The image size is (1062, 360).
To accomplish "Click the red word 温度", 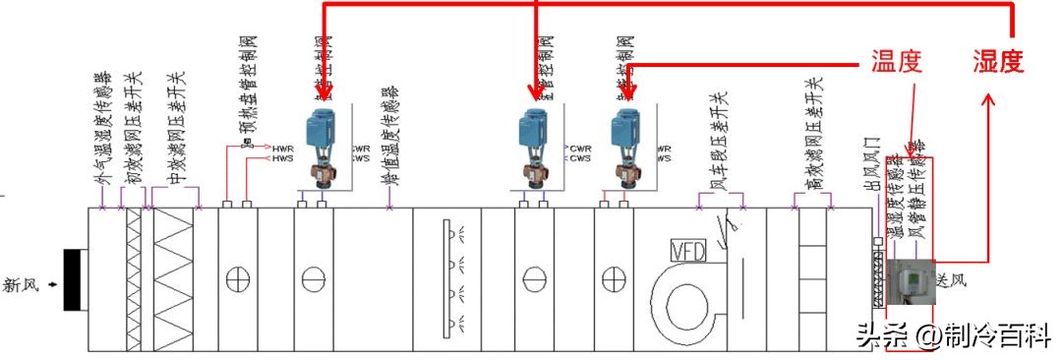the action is [896, 63].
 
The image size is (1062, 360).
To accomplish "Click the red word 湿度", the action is [999, 63].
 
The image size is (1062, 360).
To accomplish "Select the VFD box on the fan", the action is [687, 251].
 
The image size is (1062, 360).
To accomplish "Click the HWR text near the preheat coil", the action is [283, 149].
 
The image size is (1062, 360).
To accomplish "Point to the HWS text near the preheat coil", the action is [283, 157].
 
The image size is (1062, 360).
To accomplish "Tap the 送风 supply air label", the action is [951, 281].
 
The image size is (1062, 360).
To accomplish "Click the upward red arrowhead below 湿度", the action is [988, 100].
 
